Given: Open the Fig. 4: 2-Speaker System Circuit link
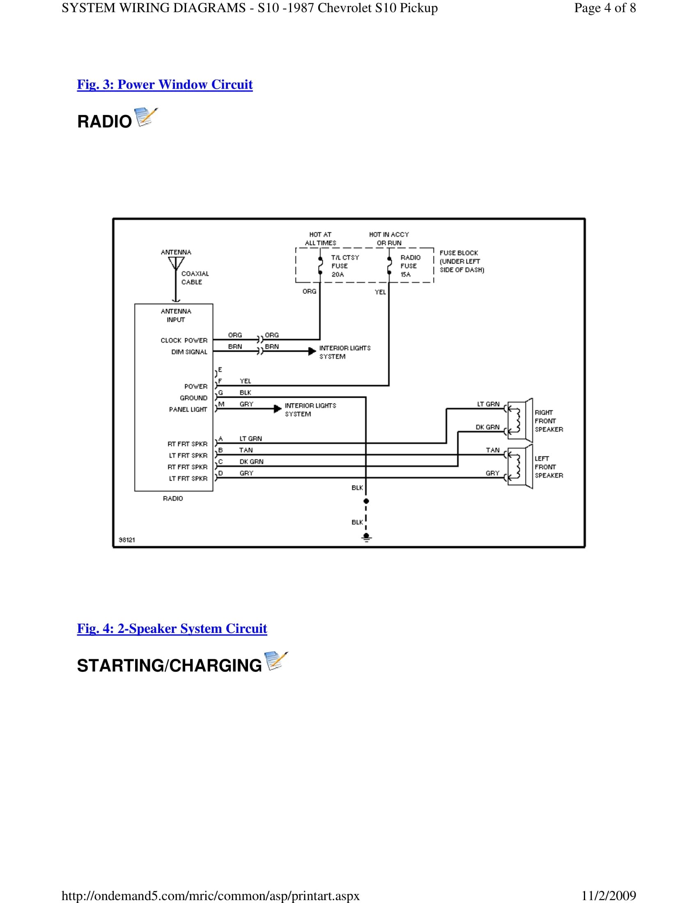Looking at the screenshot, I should click(x=172, y=628).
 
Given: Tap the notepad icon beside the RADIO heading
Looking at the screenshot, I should click(x=146, y=117).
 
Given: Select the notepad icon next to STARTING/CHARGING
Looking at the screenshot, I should click(x=276, y=661).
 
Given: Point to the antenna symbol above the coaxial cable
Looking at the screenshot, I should click(x=176, y=264).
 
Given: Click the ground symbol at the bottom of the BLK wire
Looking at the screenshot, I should click(x=366, y=537).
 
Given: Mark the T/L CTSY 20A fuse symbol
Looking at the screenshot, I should click(x=320, y=266).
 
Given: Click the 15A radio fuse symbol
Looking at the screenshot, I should click(x=389, y=266).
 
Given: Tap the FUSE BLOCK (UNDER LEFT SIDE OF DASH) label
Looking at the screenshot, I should click(x=462, y=261).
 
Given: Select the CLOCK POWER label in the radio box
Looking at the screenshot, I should click(x=184, y=340).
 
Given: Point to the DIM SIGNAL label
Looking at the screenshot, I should click(x=189, y=352).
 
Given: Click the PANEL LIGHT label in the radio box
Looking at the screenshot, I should click(x=188, y=409).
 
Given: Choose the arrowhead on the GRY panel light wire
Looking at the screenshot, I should click(x=278, y=409).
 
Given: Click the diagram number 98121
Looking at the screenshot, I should click(x=127, y=540).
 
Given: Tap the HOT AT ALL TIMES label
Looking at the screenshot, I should click(x=321, y=238).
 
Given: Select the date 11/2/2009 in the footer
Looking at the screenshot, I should click(x=608, y=896).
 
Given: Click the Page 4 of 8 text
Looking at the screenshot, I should click(x=604, y=8).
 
